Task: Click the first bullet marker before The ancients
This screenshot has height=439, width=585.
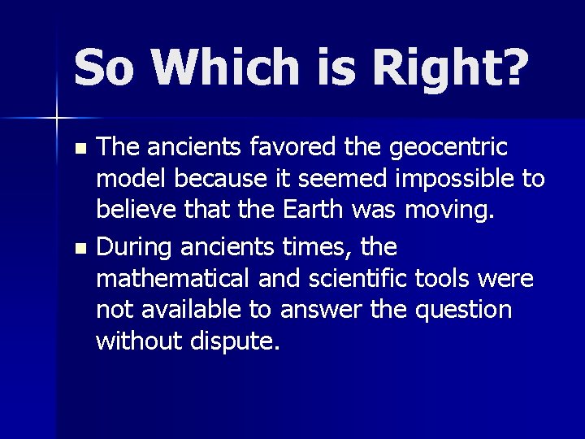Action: click(79, 150)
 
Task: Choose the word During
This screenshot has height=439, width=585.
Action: click(139, 245)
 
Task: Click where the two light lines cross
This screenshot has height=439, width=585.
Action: click(57, 118)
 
